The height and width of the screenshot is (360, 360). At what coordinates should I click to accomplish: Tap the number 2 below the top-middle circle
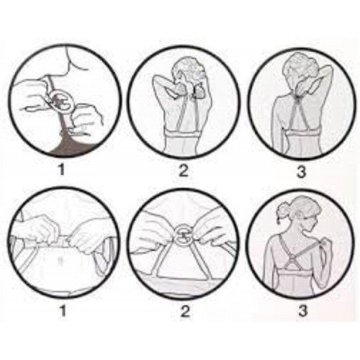click(x=184, y=171)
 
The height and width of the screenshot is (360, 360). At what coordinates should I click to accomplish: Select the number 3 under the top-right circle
click(x=302, y=171)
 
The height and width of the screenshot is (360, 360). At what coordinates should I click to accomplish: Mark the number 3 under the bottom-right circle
click(x=303, y=310)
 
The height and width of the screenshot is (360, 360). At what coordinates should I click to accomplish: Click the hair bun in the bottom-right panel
click(x=282, y=211)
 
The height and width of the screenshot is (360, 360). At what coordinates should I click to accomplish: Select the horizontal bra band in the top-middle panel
click(x=182, y=132)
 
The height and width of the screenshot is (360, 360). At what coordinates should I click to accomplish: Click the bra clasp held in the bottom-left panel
click(x=63, y=240)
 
